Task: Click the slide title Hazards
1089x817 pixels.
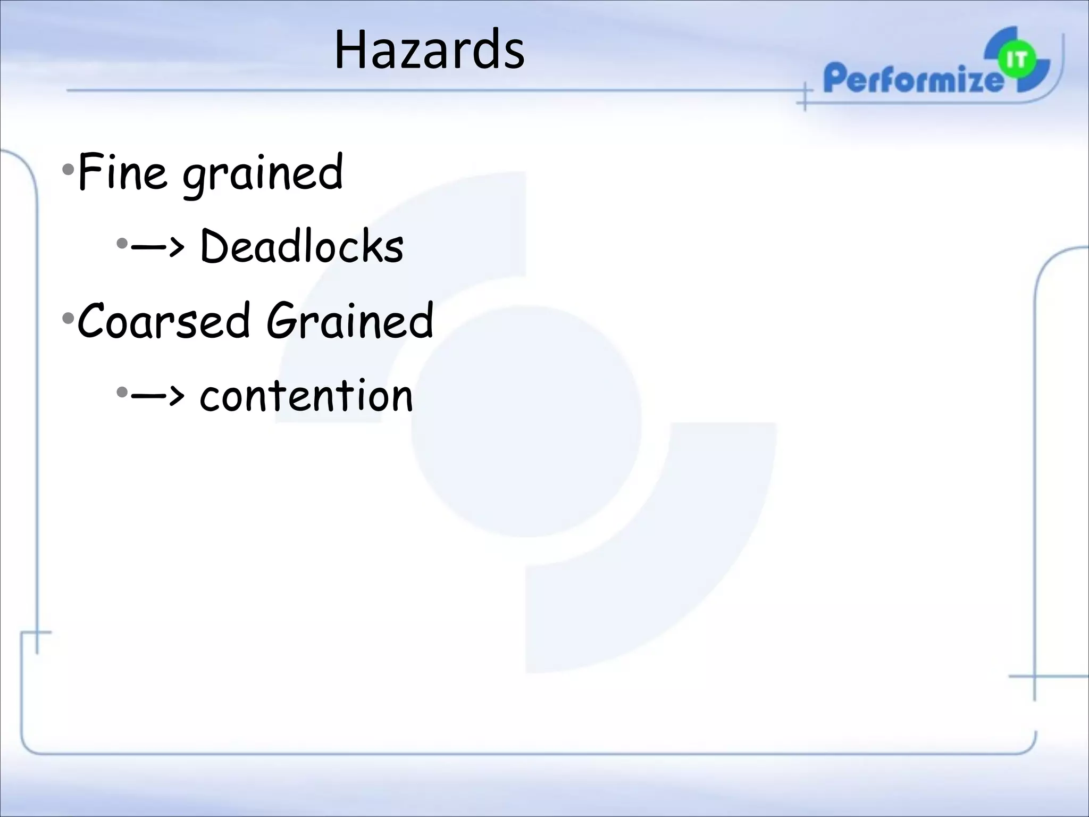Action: [x=429, y=51]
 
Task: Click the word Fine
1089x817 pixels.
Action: [x=121, y=171]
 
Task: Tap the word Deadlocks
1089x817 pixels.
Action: [x=301, y=247]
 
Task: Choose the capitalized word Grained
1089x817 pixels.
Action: [x=350, y=321]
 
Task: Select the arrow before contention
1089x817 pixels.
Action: [x=158, y=395]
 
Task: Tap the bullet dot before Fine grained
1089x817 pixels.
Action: [x=68, y=170]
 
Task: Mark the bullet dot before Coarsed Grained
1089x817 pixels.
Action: [x=68, y=319]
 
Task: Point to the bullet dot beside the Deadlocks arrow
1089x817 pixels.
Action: [x=122, y=245]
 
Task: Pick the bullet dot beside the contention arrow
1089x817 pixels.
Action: [x=122, y=393]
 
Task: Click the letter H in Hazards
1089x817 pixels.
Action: [x=351, y=51]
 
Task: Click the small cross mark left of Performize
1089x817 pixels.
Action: [x=805, y=98]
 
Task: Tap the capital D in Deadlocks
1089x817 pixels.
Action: [x=214, y=247]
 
